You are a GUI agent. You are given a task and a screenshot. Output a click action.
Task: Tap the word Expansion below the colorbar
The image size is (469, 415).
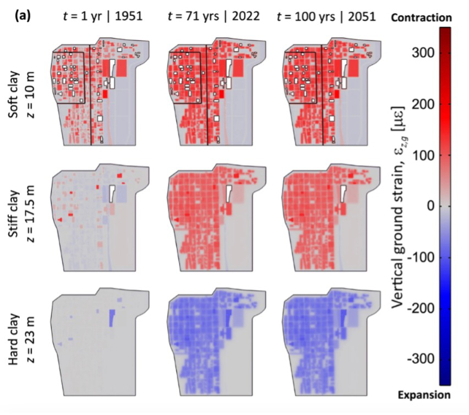pos(428,395)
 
